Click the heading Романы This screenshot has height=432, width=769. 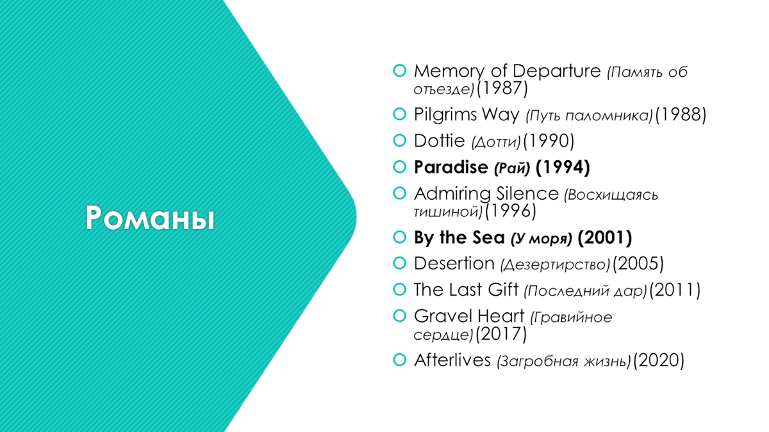click(x=150, y=218)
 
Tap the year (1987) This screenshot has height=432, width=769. click(x=502, y=88)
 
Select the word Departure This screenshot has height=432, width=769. click(x=556, y=70)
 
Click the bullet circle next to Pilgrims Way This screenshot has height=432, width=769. click(x=400, y=114)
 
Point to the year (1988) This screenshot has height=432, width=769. click(x=681, y=115)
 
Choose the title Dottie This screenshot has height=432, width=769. click(x=439, y=141)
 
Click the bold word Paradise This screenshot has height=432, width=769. click(x=451, y=167)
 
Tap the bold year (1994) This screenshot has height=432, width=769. click(x=563, y=167)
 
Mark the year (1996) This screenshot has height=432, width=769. click(x=511, y=211)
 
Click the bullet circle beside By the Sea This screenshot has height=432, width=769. click(x=400, y=237)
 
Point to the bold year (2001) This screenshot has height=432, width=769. click(x=605, y=237)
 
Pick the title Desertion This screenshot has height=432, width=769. click(x=454, y=263)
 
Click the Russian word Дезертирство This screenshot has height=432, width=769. click(x=555, y=265)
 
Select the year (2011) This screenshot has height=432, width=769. click(x=675, y=290)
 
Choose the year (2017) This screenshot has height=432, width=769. click(x=501, y=333)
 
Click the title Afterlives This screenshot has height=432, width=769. click(x=452, y=360)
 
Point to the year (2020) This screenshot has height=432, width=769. click(x=659, y=361)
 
